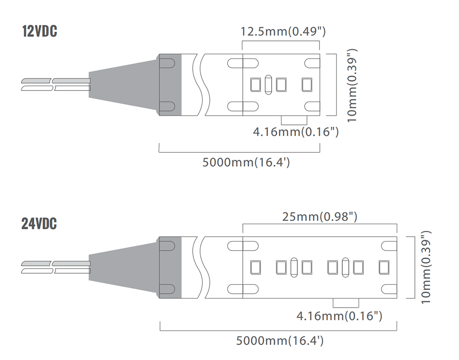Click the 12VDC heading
39,31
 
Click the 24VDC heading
39,224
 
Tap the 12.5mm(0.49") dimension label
283,31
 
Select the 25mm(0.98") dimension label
319,217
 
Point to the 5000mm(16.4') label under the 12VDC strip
246,162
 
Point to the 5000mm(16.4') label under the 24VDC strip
280,341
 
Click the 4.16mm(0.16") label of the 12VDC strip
296,132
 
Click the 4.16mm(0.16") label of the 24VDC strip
339,316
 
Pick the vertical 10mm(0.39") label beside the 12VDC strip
352,85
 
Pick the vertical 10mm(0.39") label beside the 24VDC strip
426,267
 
